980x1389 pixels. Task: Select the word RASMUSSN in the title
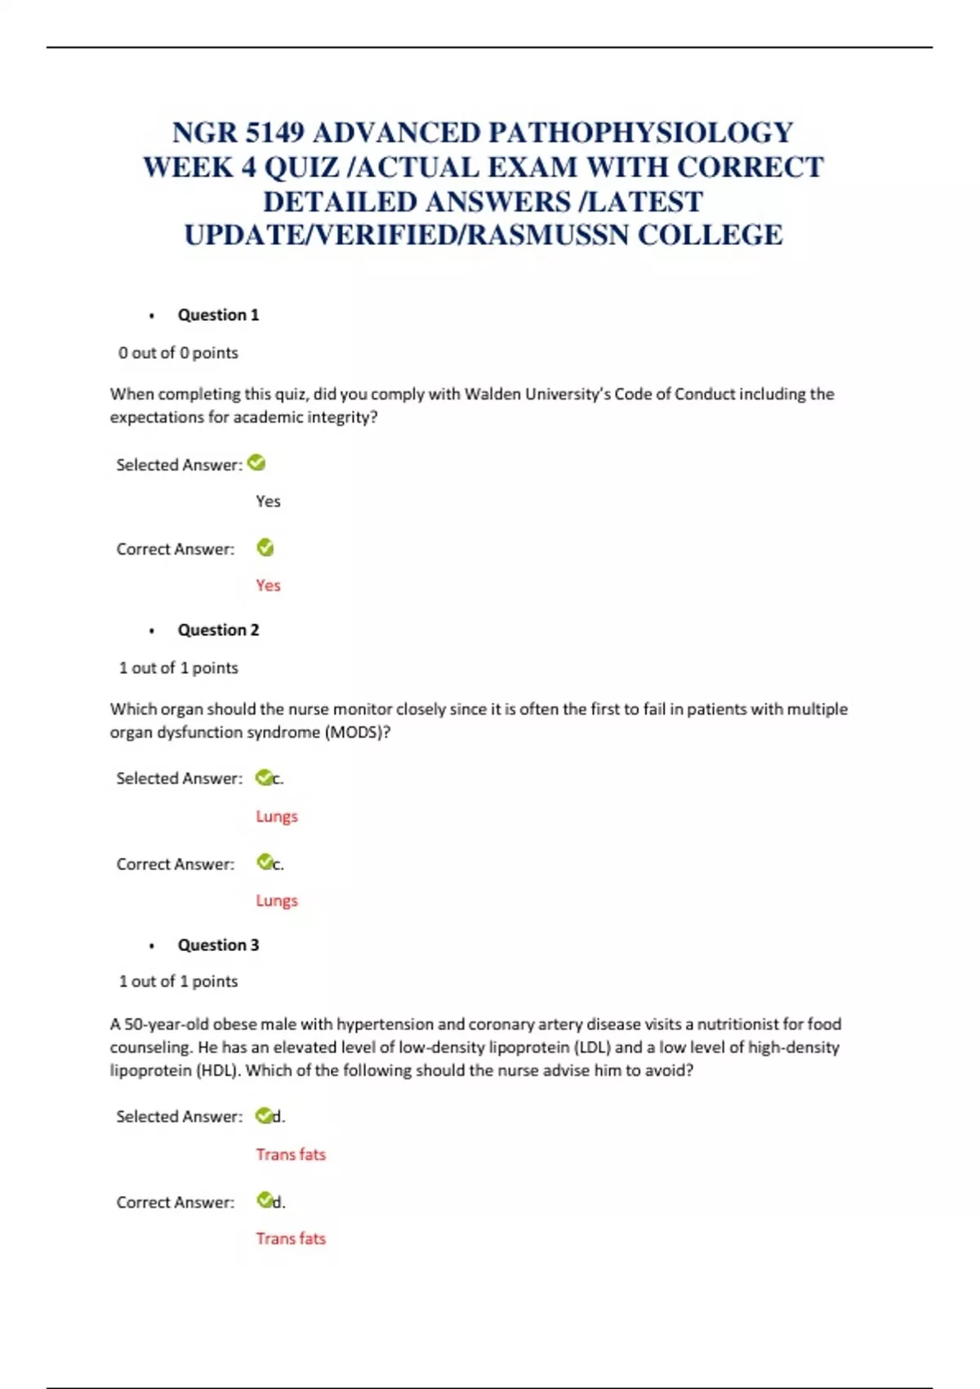point(548,235)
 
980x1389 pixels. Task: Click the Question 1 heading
point(218,315)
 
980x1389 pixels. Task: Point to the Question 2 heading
point(218,630)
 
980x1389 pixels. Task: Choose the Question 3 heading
point(218,945)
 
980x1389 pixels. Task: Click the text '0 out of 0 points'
point(178,353)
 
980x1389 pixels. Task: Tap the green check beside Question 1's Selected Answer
point(256,463)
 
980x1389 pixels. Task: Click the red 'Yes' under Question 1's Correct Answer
point(268,585)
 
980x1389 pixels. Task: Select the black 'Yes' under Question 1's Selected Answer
point(268,501)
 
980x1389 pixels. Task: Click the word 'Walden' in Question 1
point(492,394)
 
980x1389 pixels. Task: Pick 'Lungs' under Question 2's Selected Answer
point(277,816)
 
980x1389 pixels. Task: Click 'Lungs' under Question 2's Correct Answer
point(277,900)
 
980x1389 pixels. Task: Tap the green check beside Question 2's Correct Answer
point(265,862)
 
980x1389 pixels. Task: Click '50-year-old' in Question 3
point(165,1024)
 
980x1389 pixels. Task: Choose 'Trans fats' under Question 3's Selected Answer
point(291,1155)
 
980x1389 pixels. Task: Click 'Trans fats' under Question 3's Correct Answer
point(291,1239)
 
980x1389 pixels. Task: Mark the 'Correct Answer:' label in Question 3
point(175,1202)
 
